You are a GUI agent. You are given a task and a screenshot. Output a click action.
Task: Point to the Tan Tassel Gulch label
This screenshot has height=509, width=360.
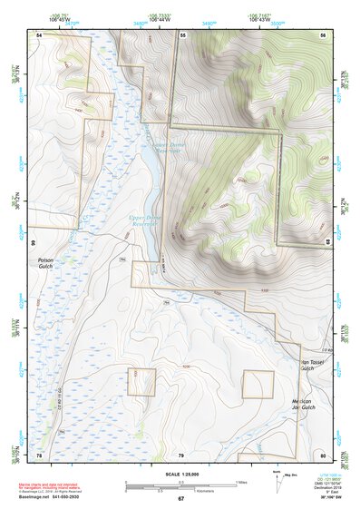318,365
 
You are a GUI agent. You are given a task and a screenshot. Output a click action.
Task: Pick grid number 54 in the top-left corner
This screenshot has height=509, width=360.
39,34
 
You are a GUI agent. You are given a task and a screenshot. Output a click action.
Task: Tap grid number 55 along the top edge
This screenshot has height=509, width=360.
182,34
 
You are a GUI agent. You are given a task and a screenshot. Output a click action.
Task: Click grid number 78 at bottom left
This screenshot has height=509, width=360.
39,454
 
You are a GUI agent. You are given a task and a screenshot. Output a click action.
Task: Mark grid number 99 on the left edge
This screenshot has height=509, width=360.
32,244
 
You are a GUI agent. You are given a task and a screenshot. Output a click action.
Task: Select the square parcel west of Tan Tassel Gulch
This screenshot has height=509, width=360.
258,384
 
